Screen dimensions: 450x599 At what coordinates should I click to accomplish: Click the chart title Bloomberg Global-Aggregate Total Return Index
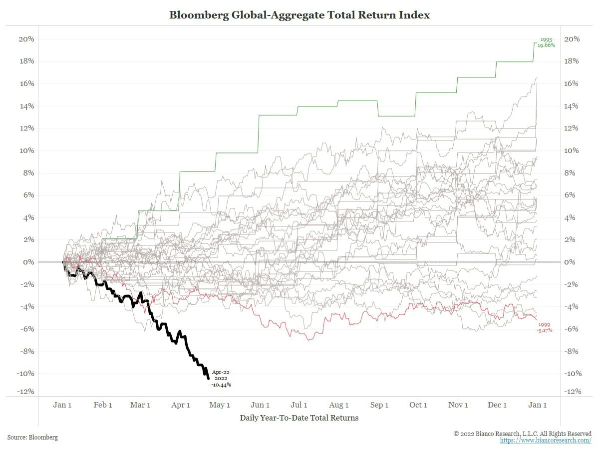point(299,15)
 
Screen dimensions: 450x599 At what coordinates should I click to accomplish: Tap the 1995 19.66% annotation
point(547,42)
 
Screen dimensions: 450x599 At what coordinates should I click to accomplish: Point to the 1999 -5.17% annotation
point(544,327)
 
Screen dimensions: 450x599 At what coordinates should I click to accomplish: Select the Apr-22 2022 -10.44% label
point(221,378)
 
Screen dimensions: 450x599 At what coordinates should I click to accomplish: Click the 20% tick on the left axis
point(26,39)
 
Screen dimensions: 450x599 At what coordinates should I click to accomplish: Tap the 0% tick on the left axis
point(29,262)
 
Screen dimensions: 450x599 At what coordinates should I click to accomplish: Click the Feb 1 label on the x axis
point(103,405)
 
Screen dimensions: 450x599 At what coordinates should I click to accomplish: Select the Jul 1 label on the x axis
point(299,405)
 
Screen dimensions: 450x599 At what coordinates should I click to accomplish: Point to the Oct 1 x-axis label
point(418,405)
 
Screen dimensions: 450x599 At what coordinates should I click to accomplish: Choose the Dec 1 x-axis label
point(497,405)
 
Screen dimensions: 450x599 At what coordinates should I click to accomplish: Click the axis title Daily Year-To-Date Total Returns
point(299,417)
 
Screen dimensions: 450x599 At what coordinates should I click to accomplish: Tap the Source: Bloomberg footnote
point(32,437)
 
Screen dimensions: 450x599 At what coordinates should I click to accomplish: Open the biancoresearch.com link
point(546,440)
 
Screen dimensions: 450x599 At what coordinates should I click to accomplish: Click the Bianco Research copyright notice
point(522,433)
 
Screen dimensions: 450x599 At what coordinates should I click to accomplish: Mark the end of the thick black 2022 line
point(208,378)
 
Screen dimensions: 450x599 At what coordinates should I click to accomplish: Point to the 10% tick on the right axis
point(571,150)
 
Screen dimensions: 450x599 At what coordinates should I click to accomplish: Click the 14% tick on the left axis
point(26,106)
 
